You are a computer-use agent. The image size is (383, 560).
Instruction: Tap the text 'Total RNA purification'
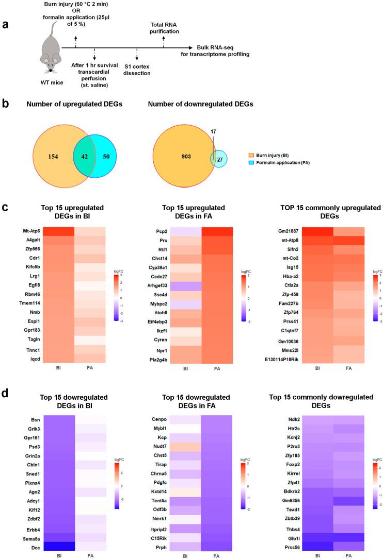coord(163,27)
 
